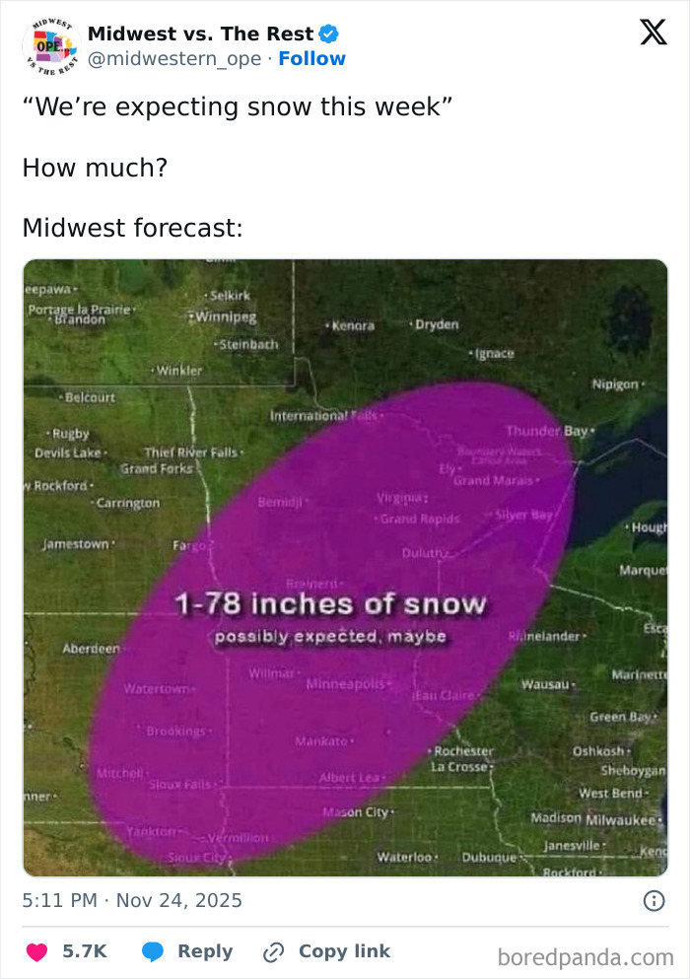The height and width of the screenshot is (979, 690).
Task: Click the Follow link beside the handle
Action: click(311, 59)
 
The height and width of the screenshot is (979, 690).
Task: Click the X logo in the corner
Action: click(653, 33)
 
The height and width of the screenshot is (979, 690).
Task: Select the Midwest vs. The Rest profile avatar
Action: click(48, 44)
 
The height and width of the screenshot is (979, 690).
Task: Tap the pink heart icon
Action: click(36, 951)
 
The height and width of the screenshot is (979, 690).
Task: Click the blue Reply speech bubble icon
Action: click(152, 951)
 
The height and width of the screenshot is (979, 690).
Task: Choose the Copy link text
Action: click(344, 951)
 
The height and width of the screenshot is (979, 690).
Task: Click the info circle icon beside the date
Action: click(653, 900)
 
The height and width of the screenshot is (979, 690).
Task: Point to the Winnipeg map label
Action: click(226, 316)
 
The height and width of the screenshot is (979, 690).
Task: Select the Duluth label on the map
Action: click(425, 553)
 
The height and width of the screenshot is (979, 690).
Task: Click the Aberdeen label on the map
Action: click(91, 648)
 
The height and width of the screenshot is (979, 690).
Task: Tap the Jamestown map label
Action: click(76, 544)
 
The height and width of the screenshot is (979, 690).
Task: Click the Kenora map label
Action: click(352, 325)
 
